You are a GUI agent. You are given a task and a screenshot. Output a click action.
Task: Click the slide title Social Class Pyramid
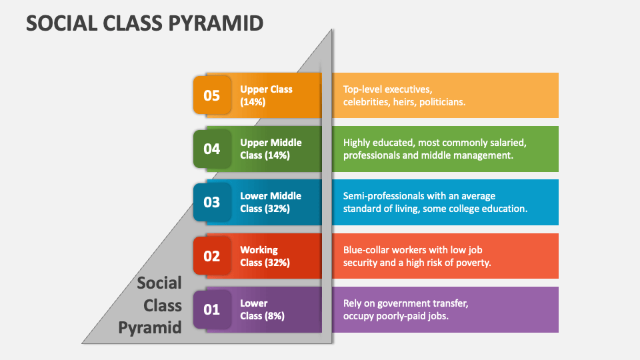pyautogui.click(x=145, y=23)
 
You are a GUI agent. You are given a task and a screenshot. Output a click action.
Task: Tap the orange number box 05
pyautogui.click(x=211, y=95)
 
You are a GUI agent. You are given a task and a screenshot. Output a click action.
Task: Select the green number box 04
pyautogui.click(x=211, y=149)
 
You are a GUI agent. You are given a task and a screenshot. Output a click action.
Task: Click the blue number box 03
pyautogui.click(x=211, y=202)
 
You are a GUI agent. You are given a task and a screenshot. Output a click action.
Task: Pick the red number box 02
pyautogui.click(x=211, y=255)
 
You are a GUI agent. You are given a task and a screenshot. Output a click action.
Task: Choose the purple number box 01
pyautogui.click(x=211, y=309)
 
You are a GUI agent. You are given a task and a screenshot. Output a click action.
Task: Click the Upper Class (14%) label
pyautogui.click(x=266, y=95)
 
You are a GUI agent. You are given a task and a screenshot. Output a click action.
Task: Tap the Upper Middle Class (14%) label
pyautogui.click(x=271, y=149)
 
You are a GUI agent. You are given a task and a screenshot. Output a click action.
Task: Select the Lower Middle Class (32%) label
pyautogui.click(x=271, y=202)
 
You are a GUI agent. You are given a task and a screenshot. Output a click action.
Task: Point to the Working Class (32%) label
pyautogui.click(x=265, y=256)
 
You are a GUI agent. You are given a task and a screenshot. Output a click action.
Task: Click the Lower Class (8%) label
pyautogui.click(x=262, y=309)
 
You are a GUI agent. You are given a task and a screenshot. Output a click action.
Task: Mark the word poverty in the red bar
pyautogui.click(x=471, y=263)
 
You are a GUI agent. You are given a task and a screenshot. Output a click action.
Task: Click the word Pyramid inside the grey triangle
pyautogui.click(x=150, y=327)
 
